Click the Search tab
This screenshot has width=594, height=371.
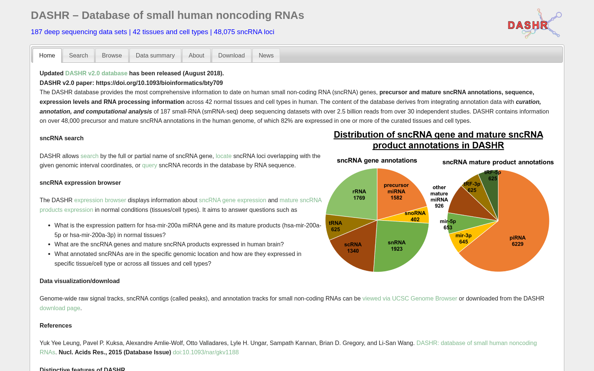pos(78,55)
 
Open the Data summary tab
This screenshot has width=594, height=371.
pos(155,55)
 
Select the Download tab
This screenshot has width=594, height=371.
pos(231,55)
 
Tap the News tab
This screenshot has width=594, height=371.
pos(266,55)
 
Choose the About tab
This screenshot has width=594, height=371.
pos(196,55)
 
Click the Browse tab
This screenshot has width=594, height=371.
pos(112,55)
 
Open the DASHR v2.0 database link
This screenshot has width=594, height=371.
pos(96,73)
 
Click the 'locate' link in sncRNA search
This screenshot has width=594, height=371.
pos(223,156)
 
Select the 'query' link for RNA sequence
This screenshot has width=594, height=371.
pos(150,165)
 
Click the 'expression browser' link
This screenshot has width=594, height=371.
pos(100,200)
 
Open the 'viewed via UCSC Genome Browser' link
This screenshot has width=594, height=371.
pos(410,299)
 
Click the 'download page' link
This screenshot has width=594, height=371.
pos(60,308)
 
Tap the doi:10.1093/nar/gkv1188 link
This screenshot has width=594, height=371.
pos(206,352)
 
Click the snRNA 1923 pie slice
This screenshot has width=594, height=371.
pos(398,245)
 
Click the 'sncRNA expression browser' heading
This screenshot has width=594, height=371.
pos(80,183)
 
